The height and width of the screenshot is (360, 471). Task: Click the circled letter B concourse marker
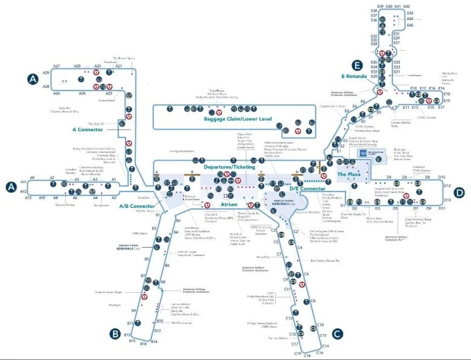pos(115,333)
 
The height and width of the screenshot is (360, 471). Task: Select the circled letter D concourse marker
pos(460,193)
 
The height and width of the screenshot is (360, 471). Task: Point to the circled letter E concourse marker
pos(357,65)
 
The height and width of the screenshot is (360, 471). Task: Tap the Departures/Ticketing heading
pos(228,166)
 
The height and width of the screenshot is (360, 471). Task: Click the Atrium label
pos(229,204)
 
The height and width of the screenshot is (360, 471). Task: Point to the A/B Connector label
pos(138,206)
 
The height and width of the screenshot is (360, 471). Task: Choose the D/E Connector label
pos(307,189)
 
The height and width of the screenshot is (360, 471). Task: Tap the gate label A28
pos(46,86)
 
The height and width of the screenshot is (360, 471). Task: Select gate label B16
pos(143,343)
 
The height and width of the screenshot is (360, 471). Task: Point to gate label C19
pos(297,353)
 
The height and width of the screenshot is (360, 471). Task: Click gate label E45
pos(410,25)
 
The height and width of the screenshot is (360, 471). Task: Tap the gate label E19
pos(447,101)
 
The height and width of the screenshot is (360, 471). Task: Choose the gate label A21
pos(119,66)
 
